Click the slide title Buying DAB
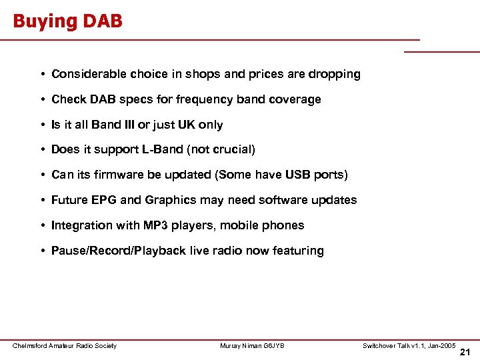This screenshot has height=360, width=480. (x=67, y=21)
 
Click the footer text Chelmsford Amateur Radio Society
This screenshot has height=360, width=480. (x=65, y=345)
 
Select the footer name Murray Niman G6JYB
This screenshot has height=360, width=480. (x=252, y=345)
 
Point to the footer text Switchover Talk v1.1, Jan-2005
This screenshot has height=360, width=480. (x=409, y=345)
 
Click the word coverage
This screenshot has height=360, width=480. (x=295, y=99)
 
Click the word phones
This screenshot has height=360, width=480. (x=285, y=225)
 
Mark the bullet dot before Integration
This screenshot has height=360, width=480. (x=42, y=226)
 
